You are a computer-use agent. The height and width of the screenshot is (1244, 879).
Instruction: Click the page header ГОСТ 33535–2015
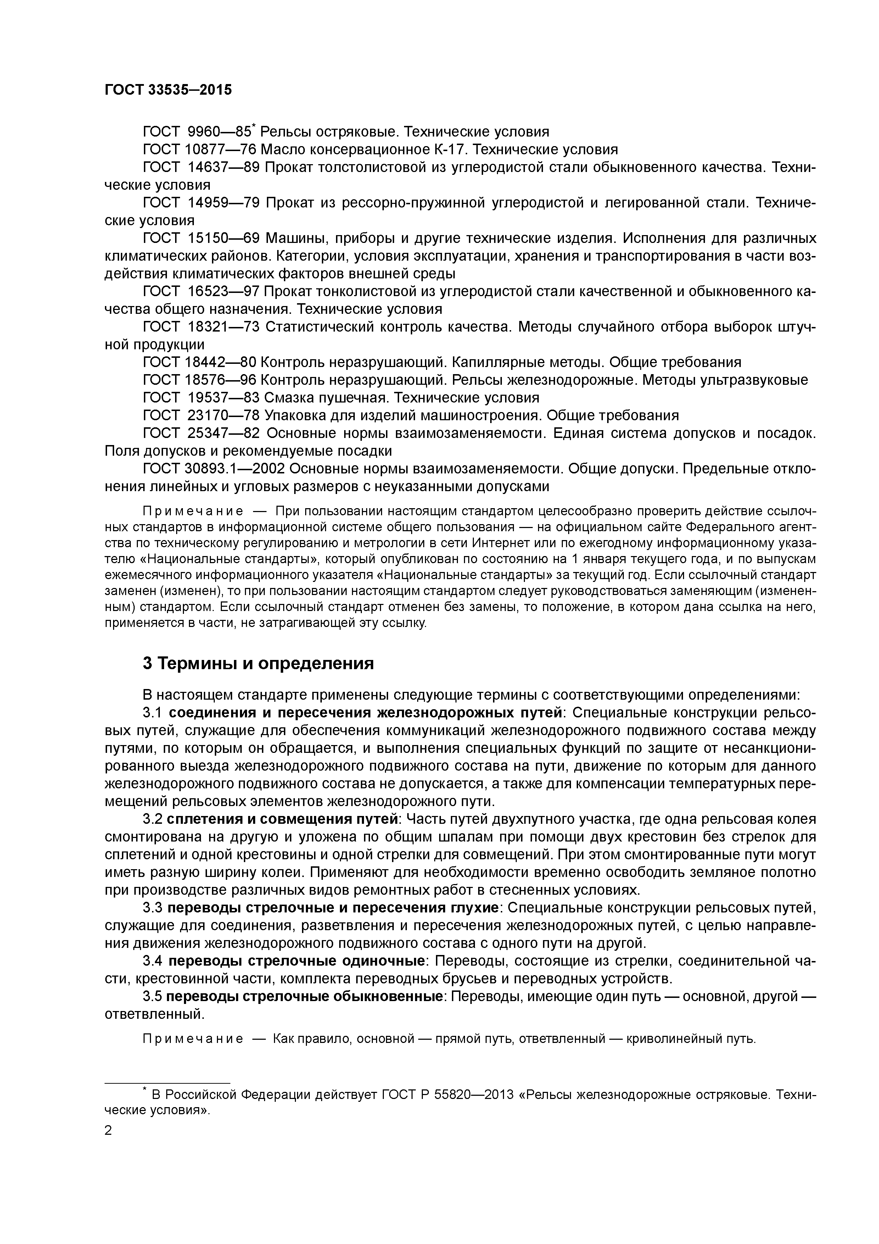(x=168, y=90)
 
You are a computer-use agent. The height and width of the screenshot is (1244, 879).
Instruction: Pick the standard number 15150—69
(x=224, y=238)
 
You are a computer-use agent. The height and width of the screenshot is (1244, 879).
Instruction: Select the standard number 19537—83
(x=224, y=398)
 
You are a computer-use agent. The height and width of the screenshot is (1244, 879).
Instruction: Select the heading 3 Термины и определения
(x=258, y=663)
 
